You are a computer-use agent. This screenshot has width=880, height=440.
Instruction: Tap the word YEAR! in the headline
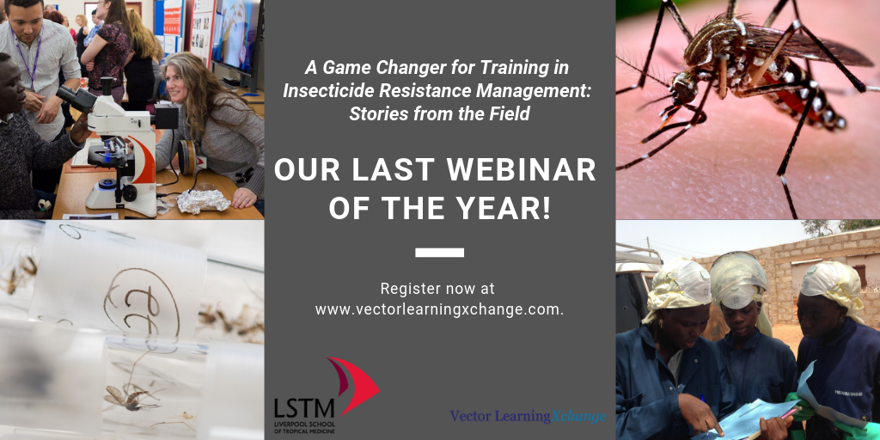(509, 208)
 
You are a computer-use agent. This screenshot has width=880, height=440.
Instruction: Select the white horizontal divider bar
(439, 253)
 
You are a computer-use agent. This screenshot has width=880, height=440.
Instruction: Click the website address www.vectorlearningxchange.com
(439, 309)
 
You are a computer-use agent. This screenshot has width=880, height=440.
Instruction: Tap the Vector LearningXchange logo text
(528, 417)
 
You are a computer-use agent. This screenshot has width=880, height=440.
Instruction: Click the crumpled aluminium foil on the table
(203, 201)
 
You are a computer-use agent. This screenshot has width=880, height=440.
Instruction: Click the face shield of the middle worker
(738, 280)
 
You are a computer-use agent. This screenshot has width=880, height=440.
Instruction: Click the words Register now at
(437, 289)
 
